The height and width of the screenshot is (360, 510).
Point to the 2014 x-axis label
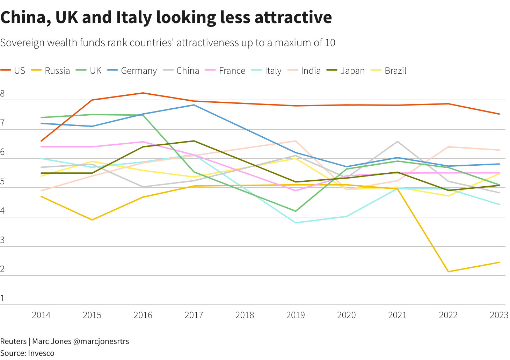pyautogui.click(x=41, y=315)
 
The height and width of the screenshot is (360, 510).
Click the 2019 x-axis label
pyautogui.click(x=296, y=315)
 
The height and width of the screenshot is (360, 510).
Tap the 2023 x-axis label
pyautogui.click(x=499, y=315)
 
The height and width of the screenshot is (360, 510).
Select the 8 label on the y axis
pyautogui.click(x=2, y=94)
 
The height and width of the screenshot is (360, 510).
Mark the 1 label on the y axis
pyautogui.click(x=2, y=298)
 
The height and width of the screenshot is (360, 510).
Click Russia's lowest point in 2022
pyautogui.click(x=448, y=272)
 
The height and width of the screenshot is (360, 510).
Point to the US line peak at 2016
pyautogui.click(x=143, y=93)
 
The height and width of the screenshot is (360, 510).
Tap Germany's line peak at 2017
pyautogui.click(x=194, y=105)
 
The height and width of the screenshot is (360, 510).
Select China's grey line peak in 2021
pyautogui.click(x=398, y=142)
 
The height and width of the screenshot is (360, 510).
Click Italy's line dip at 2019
pyautogui.click(x=296, y=223)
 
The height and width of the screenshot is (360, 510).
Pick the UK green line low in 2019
pyautogui.click(x=296, y=211)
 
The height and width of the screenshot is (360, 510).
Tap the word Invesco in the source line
pyautogui.click(x=41, y=353)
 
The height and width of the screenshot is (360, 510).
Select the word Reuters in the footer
pyautogui.click(x=13, y=341)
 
